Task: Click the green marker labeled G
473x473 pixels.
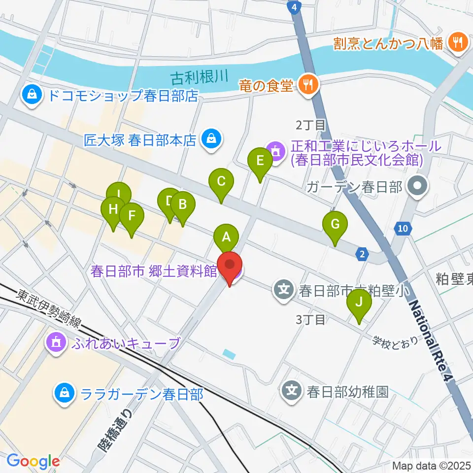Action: click(335, 225)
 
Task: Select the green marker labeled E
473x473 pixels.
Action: click(260, 161)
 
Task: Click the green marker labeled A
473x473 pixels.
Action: click(226, 238)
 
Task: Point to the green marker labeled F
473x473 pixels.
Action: click(131, 216)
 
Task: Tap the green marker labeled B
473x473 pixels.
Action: click(182, 204)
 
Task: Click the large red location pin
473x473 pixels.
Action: click(230, 265)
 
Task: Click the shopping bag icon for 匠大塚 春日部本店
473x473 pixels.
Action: click(211, 140)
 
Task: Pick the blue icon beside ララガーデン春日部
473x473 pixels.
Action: click(64, 393)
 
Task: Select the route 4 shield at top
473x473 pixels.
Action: click(294, 7)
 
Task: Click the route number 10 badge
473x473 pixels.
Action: click(403, 228)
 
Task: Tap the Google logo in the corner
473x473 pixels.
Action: click(33, 462)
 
